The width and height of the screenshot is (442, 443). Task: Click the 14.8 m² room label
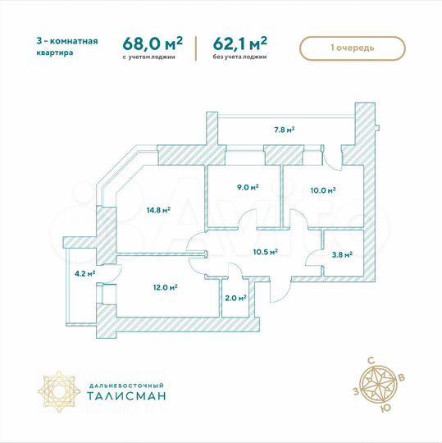[158, 210]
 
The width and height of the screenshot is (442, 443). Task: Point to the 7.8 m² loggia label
[284, 129]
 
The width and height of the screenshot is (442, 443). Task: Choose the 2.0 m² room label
[236, 298]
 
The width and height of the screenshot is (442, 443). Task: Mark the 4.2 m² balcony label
[84, 274]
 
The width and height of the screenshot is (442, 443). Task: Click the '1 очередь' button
[353, 48]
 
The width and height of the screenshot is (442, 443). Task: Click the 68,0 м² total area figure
[153, 42]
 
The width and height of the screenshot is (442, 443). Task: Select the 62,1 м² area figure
[242, 42]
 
